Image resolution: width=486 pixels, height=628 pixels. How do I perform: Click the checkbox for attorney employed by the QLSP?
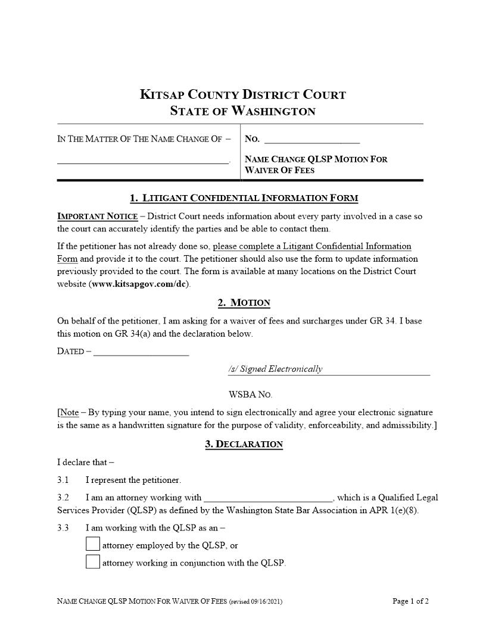(x=93, y=544)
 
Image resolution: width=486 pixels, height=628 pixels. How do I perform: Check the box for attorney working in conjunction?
(x=93, y=562)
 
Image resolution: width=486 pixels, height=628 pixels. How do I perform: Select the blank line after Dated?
(x=141, y=351)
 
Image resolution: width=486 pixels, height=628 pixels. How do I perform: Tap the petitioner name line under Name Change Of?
(x=143, y=159)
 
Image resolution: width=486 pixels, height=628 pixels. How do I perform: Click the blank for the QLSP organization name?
(x=269, y=498)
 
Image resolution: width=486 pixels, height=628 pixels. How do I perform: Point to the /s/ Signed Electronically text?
(x=275, y=369)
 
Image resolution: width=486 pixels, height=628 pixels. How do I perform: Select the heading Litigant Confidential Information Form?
(x=244, y=198)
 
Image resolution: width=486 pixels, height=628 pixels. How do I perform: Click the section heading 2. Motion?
(x=244, y=303)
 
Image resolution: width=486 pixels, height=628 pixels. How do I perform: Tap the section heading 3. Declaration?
(x=244, y=444)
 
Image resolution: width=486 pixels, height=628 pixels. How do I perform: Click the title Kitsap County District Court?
(x=243, y=95)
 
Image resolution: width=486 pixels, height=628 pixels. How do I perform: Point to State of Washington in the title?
(x=243, y=111)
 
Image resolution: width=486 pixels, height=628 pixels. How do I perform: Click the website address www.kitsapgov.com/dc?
(x=140, y=284)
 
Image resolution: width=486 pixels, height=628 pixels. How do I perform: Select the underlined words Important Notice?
(x=98, y=216)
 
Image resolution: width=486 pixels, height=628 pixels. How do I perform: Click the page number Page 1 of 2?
(x=410, y=601)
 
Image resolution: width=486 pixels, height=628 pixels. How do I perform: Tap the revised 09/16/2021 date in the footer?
(x=256, y=602)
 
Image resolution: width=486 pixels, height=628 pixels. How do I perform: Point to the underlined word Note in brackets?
(x=69, y=413)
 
